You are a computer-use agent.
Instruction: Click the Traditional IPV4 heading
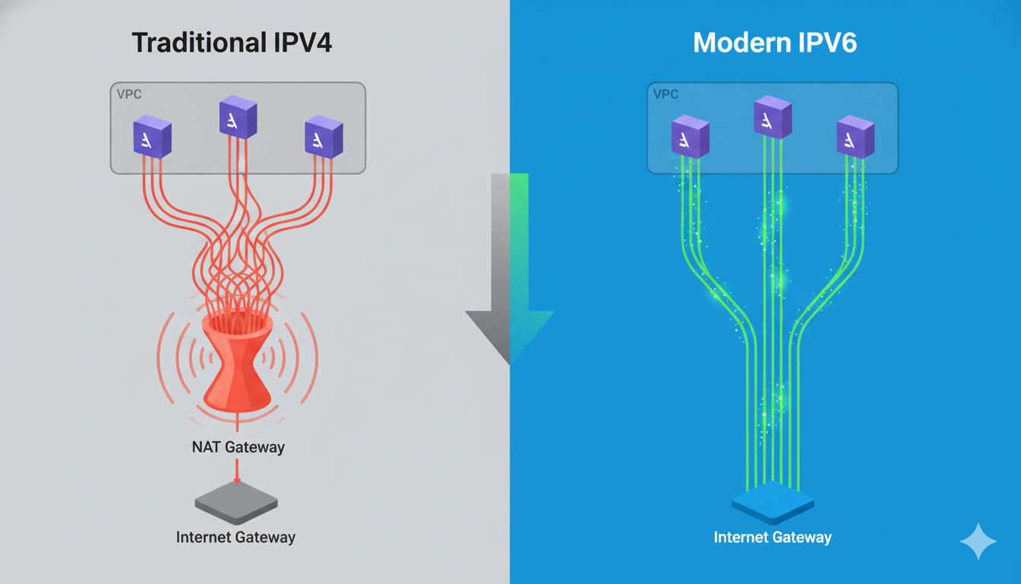point(232,43)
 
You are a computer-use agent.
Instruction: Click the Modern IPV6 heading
point(775,43)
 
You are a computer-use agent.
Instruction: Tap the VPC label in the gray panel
point(129,95)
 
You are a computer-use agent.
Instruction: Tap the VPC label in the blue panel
point(665,95)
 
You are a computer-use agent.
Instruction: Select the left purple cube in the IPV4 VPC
point(153,137)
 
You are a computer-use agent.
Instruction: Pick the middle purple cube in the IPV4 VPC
point(238,117)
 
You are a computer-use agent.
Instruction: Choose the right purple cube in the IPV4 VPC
point(324,137)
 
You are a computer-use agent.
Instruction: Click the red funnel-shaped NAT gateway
point(238,361)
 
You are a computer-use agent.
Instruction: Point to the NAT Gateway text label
point(238,447)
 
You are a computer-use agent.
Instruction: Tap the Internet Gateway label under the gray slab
point(235,537)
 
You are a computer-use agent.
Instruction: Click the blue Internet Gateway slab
point(773,503)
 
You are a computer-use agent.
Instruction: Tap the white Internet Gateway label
point(773,538)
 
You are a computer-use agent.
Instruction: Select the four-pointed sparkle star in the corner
point(978,541)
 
